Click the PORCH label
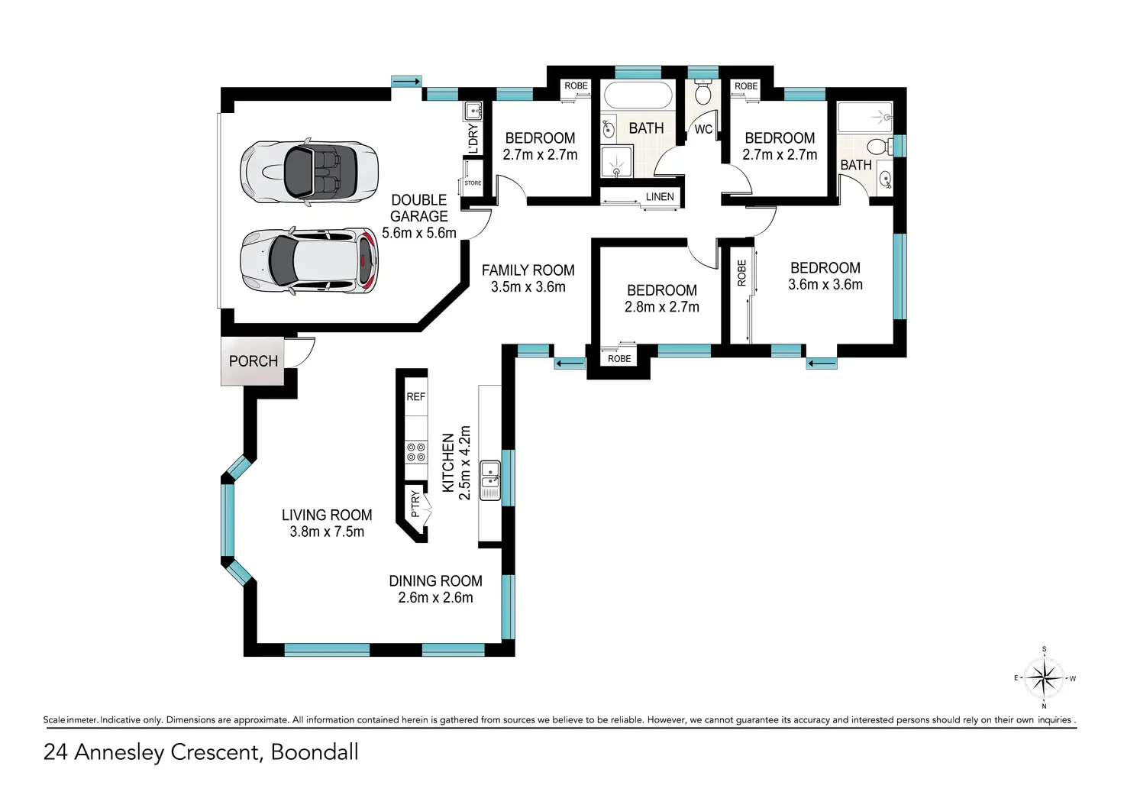[x=254, y=361]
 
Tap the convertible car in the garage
[x=309, y=172]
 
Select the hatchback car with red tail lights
[x=309, y=260]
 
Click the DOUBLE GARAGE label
[x=419, y=208]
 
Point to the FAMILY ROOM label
[x=528, y=270]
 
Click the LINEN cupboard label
[x=660, y=197]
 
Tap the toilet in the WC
[x=703, y=92]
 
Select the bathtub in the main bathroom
[x=638, y=95]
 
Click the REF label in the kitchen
[x=415, y=396]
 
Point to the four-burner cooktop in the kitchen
[x=416, y=451]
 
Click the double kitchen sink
[x=490, y=481]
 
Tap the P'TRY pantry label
[x=415, y=504]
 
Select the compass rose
[x=1045, y=678]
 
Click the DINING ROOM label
[x=435, y=581]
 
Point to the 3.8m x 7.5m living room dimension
[x=327, y=532]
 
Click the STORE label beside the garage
[x=473, y=183]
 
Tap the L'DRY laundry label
[x=473, y=139]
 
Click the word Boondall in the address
[x=315, y=751]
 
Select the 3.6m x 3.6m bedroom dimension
[x=825, y=285]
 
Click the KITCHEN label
[x=447, y=463]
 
